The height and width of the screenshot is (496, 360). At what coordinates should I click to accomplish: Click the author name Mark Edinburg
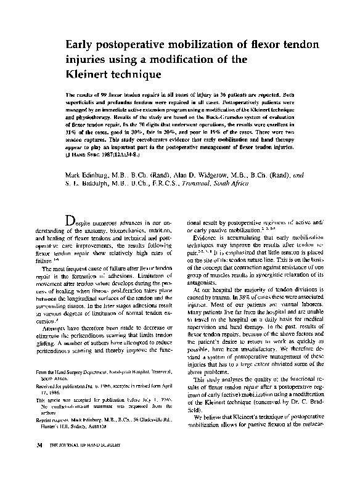point(92,175)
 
